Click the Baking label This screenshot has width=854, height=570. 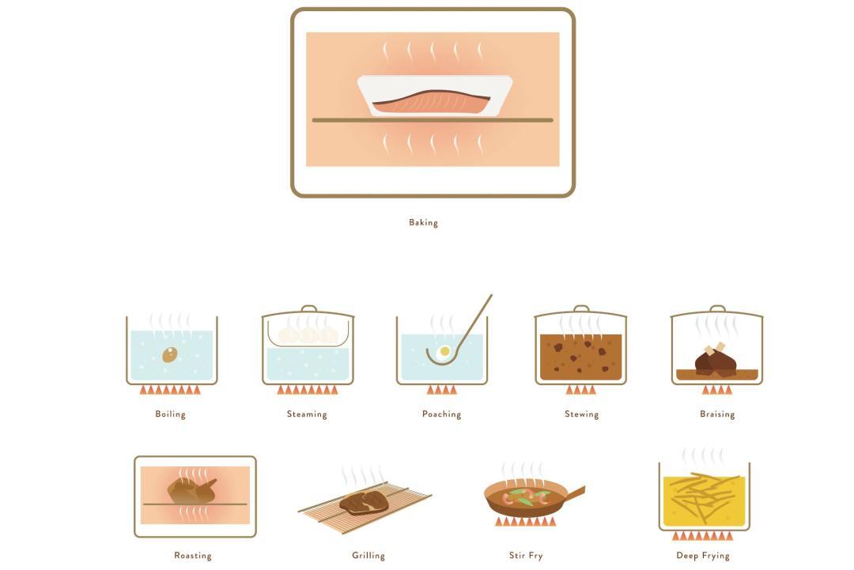[423, 222]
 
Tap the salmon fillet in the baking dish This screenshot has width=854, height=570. [432, 102]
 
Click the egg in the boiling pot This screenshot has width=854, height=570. [170, 355]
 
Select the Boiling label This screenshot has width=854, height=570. [171, 413]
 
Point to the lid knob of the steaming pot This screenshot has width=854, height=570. [309, 308]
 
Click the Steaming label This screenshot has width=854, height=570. [307, 413]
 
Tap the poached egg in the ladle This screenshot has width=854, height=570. [444, 352]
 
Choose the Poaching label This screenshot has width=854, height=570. [442, 413]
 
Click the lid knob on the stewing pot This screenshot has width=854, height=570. [581, 308]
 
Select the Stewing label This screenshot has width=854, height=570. [582, 413]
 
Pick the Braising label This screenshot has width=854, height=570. [717, 413]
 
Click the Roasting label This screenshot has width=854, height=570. [193, 555]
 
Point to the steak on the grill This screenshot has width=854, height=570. [364, 502]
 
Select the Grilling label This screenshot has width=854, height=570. [368, 555]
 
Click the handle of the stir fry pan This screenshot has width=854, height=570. [575, 493]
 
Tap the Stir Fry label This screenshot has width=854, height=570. [526, 555]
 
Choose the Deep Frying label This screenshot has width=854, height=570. [703, 555]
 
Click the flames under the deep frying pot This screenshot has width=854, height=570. [703, 536]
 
